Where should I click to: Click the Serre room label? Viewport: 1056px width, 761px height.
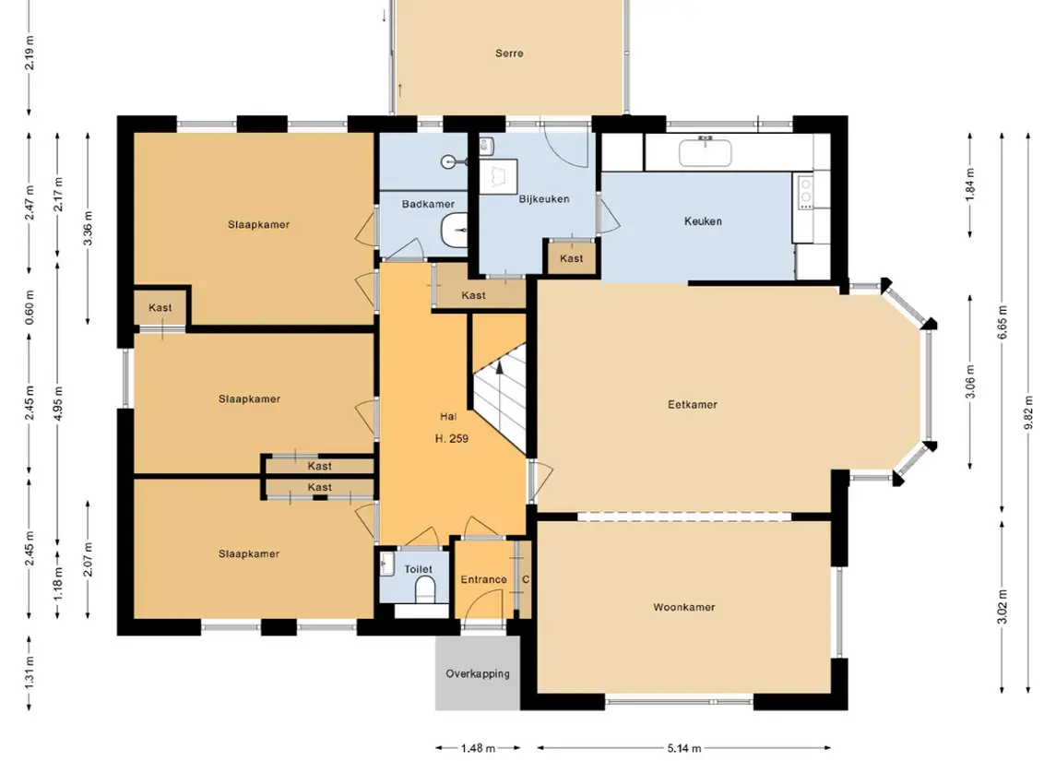pyautogui.click(x=509, y=54)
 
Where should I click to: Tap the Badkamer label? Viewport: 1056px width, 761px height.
pyautogui.click(x=428, y=204)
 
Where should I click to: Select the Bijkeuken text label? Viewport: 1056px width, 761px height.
pyautogui.click(x=544, y=199)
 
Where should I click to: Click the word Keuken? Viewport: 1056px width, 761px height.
pyautogui.click(x=703, y=220)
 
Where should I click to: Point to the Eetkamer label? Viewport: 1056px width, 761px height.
pyautogui.click(x=693, y=405)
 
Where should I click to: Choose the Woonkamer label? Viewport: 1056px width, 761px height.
pyautogui.click(x=684, y=608)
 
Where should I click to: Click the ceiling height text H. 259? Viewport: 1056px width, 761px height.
pyautogui.click(x=452, y=439)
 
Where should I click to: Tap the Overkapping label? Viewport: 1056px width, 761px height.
pyautogui.click(x=478, y=674)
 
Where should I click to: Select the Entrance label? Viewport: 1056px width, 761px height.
pyautogui.click(x=483, y=580)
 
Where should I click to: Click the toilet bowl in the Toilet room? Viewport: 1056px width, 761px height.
pyautogui.click(x=426, y=591)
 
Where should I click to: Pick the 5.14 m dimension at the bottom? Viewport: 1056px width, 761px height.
pyautogui.click(x=684, y=748)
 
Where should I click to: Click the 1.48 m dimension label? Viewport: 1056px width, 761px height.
pyautogui.click(x=478, y=748)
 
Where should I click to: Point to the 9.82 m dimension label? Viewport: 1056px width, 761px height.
pyautogui.click(x=1029, y=411)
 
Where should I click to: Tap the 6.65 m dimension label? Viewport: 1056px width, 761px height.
pyautogui.click(x=1003, y=323)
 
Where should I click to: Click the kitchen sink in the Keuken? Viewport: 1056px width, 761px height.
pyautogui.click(x=706, y=152)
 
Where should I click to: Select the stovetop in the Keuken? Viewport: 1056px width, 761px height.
pyautogui.click(x=805, y=191)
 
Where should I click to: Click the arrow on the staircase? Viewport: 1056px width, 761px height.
pyautogui.click(x=500, y=365)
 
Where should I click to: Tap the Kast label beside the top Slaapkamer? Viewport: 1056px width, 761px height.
pyautogui.click(x=160, y=308)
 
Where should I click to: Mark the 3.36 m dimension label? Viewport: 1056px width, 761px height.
pyautogui.click(x=89, y=229)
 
